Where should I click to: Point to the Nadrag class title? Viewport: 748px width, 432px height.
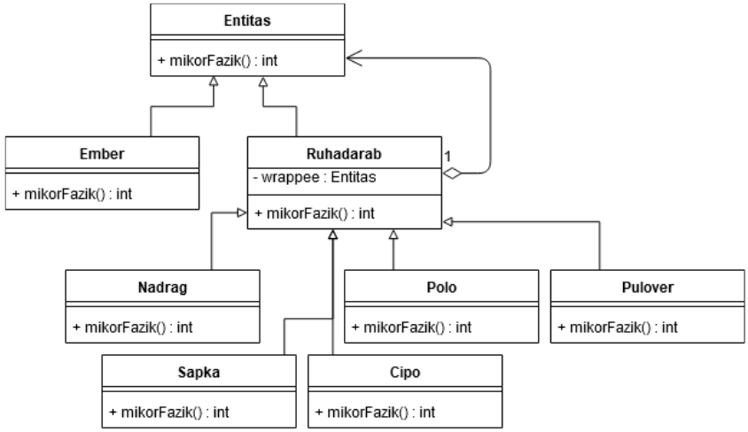click(162, 286)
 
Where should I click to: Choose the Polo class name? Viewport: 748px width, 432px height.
click(440, 286)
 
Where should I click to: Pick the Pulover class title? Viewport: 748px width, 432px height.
click(647, 286)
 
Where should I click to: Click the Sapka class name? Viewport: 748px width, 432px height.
click(198, 370)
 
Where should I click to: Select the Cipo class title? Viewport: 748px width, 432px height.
click(405, 370)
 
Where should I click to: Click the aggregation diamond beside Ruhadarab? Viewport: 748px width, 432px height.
click(453, 174)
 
